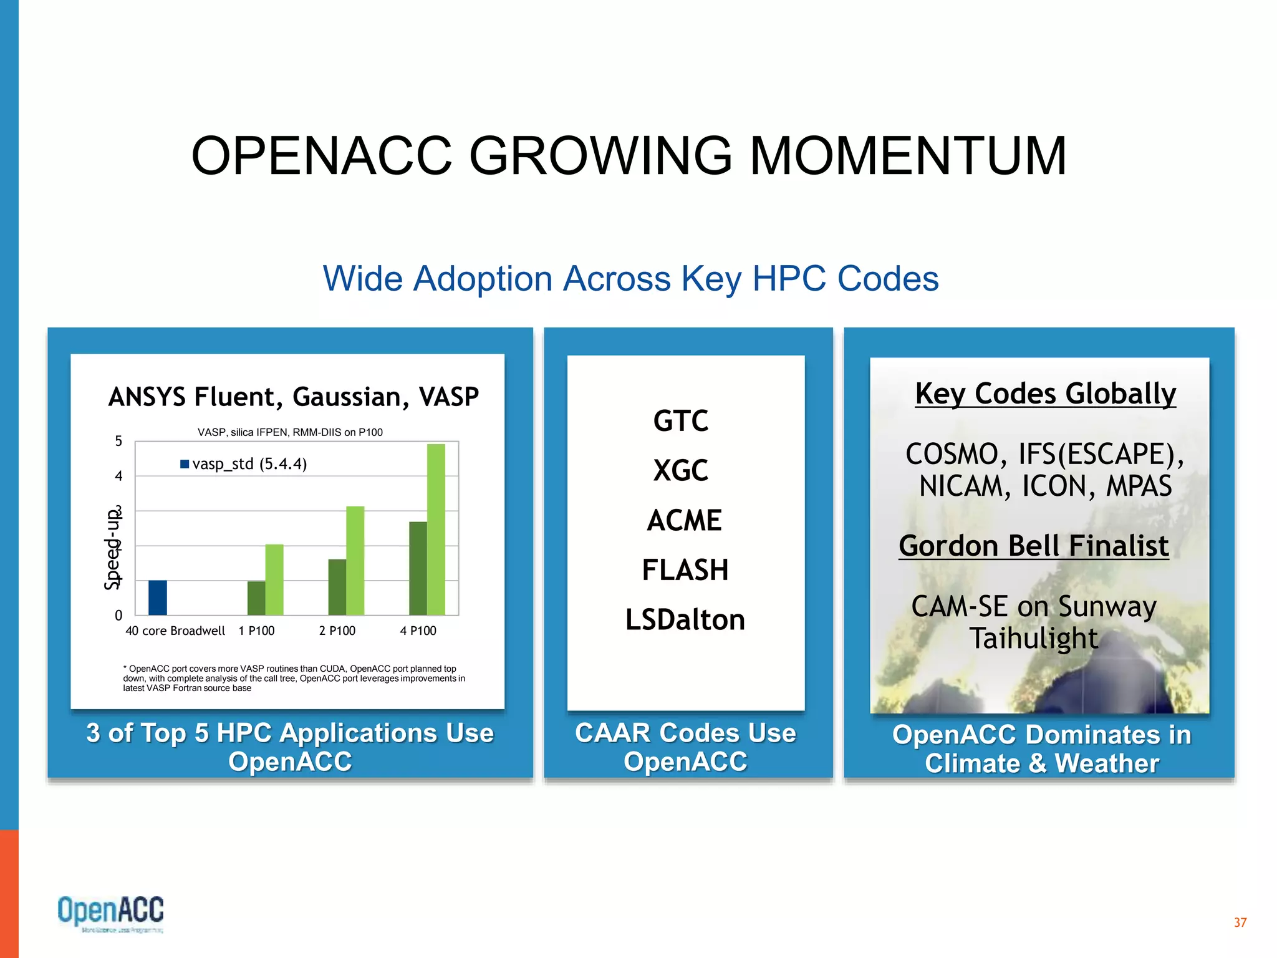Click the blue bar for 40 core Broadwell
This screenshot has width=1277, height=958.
pyautogui.click(x=157, y=598)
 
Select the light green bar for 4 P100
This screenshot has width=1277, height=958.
pyautogui.click(x=436, y=530)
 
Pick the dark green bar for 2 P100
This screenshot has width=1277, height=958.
pyautogui.click(x=337, y=587)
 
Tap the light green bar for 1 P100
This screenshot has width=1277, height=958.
pyautogui.click(x=274, y=579)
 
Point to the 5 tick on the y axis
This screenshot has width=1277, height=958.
pyautogui.click(x=118, y=442)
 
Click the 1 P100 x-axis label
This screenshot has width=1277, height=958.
pyautogui.click(x=256, y=631)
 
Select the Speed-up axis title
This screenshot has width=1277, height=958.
pyautogui.click(x=112, y=549)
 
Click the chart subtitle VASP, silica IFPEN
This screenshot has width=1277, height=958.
pyautogui.click(x=290, y=432)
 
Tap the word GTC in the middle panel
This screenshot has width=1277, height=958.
pyautogui.click(x=680, y=420)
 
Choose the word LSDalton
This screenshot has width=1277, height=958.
pyautogui.click(x=685, y=620)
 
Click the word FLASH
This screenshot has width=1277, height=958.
pyautogui.click(x=685, y=570)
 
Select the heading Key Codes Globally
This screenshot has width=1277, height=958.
pyautogui.click(x=1045, y=394)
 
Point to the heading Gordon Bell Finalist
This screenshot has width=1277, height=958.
pyautogui.click(x=1033, y=546)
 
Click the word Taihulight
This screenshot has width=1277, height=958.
pyautogui.click(x=1033, y=638)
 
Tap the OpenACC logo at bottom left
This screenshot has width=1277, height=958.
pyautogui.click(x=110, y=912)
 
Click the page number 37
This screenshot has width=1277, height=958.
pyautogui.click(x=1240, y=922)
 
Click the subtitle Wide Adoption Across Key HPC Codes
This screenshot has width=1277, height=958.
pyautogui.click(x=630, y=278)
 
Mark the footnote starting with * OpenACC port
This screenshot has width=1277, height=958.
pyautogui.click(x=293, y=678)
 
